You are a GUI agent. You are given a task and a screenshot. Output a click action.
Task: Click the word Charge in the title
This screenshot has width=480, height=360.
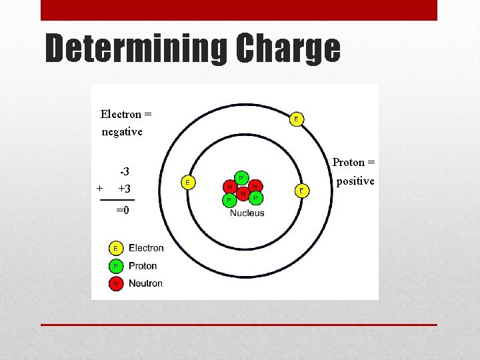pyautogui.click(x=288, y=49)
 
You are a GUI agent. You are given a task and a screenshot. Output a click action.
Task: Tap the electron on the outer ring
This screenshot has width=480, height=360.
pyautogui.click(x=296, y=119)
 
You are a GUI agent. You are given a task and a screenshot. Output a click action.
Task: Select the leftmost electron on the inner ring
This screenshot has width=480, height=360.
pyautogui.click(x=189, y=182)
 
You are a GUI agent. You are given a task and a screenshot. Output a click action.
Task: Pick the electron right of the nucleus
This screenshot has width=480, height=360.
pyautogui.click(x=301, y=191)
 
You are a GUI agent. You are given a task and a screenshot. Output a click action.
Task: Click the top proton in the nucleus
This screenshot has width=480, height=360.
pyautogui.click(x=241, y=178)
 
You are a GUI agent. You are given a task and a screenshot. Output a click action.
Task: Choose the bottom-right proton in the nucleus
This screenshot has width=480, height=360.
pyautogui.click(x=255, y=198)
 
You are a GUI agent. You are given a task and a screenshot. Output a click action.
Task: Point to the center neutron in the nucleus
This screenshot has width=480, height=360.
pyautogui.click(x=243, y=193)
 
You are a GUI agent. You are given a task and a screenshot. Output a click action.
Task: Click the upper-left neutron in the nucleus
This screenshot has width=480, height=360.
pyautogui.click(x=230, y=187)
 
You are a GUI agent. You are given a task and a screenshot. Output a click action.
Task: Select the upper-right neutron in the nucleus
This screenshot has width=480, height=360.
pyautogui.click(x=254, y=186)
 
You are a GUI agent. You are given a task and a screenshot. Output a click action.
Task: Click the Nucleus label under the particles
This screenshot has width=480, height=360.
pyautogui.click(x=247, y=213)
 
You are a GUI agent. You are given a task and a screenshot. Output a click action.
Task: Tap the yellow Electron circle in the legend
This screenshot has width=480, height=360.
pyautogui.click(x=115, y=248)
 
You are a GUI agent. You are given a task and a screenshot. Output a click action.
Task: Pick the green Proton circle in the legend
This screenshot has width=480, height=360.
pyautogui.click(x=115, y=265)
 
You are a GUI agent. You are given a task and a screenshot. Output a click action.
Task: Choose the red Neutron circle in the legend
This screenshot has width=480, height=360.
pyautogui.click(x=115, y=283)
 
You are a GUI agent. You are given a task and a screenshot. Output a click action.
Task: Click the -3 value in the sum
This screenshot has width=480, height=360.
pyautogui.click(x=124, y=172)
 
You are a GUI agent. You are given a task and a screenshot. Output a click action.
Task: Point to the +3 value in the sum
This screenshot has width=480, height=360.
pyautogui.click(x=124, y=189)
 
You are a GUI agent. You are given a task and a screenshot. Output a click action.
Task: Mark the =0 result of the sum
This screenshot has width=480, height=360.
pyautogui.click(x=123, y=210)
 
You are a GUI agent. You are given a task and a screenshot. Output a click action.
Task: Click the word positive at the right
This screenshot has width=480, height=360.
pyautogui.click(x=355, y=181)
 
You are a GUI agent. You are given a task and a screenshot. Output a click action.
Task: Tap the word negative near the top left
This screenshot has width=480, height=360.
pyautogui.click(x=122, y=131)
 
